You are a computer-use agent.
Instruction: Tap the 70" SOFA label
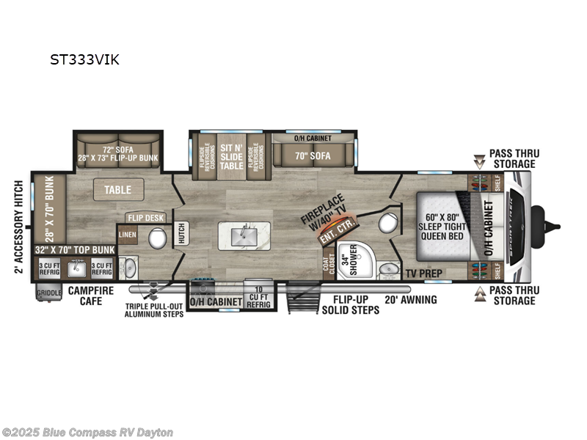point(313,155)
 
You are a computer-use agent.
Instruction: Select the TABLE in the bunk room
point(118,189)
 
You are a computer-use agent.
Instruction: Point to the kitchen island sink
point(241,235)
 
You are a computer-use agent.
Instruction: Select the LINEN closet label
point(127,235)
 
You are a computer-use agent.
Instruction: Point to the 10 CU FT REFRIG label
point(257,292)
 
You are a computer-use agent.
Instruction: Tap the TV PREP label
point(421,273)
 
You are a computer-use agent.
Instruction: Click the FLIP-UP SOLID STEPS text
point(351,304)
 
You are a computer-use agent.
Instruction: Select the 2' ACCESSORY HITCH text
point(18,227)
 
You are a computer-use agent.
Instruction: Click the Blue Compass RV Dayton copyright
point(88,432)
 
